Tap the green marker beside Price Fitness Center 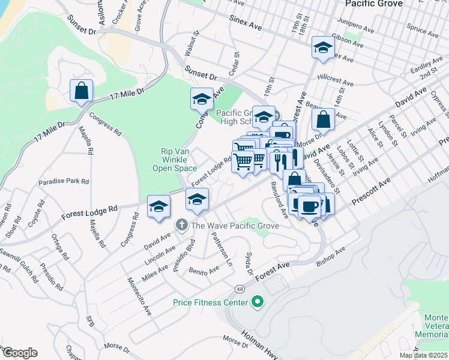coord(258,302)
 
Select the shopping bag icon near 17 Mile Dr coord(82,92)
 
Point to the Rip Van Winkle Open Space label coord(178,160)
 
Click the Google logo coord(19,353)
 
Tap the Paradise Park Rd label coord(64,181)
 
